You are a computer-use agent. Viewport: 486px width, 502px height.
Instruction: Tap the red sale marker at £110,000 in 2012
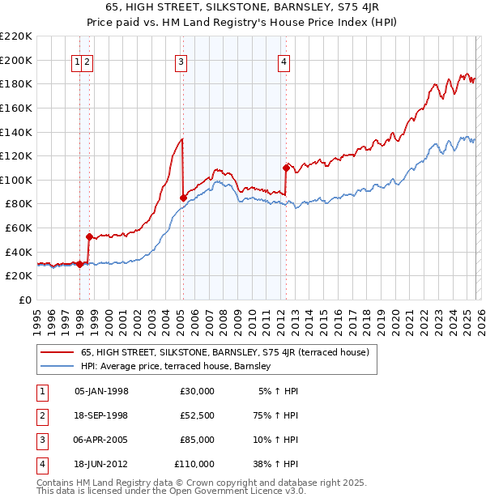[286, 168]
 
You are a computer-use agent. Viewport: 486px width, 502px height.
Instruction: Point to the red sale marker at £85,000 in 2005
[183, 198]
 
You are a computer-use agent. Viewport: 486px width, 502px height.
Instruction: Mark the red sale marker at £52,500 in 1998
[89, 236]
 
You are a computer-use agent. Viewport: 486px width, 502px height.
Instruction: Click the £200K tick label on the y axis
[16, 60]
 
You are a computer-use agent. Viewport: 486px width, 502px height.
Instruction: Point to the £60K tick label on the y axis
[19, 228]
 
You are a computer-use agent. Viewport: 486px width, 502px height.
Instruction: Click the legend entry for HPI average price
[179, 367]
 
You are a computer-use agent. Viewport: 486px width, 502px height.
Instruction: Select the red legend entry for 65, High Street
[224, 352]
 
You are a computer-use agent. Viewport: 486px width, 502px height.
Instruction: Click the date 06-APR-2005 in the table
[101, 440]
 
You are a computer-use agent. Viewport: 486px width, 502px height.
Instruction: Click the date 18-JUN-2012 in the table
[101, 464]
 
